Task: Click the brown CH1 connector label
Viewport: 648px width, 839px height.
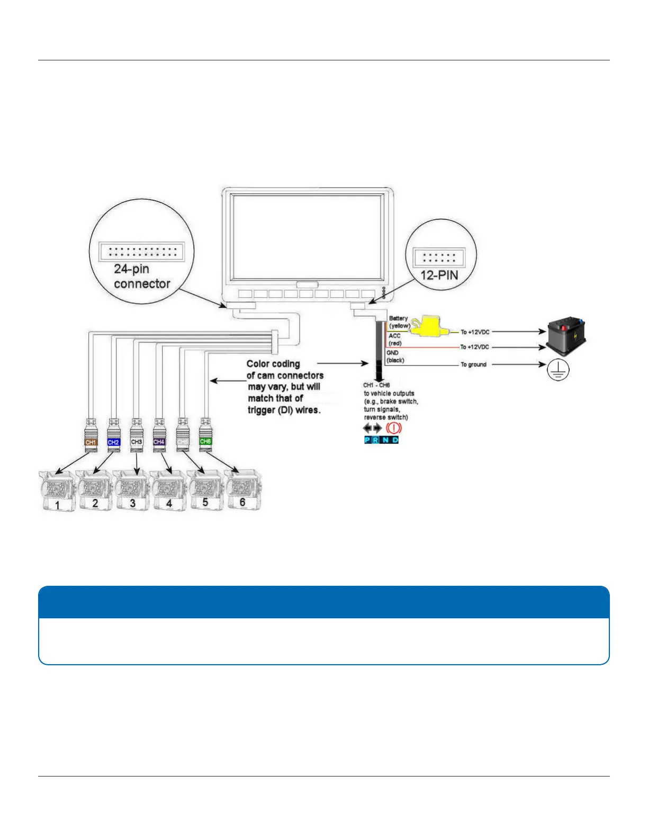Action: (91, 442)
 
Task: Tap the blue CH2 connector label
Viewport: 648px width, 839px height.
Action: (113, 442)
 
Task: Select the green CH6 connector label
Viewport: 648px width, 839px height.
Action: (205, 441)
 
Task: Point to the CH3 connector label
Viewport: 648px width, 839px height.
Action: (137, 441)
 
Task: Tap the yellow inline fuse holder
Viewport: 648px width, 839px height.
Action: (429, 327)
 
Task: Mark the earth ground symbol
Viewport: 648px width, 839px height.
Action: (557, 369)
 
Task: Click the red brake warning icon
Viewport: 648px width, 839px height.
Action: (394, 428)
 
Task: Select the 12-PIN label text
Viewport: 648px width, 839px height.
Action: (439, 275)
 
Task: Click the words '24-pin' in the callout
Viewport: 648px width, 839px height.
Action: (131, 269)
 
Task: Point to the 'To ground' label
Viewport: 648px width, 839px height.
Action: (473, 364)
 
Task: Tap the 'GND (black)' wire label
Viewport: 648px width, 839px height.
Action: (395, 356)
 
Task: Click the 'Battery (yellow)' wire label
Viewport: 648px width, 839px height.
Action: (399, 322)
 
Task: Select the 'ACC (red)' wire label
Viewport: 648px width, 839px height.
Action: (395, 340)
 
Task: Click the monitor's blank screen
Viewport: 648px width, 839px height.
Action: (307, 234)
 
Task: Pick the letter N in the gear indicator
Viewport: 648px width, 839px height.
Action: (385, 440)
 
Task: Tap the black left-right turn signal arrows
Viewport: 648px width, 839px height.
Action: (372, 428)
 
